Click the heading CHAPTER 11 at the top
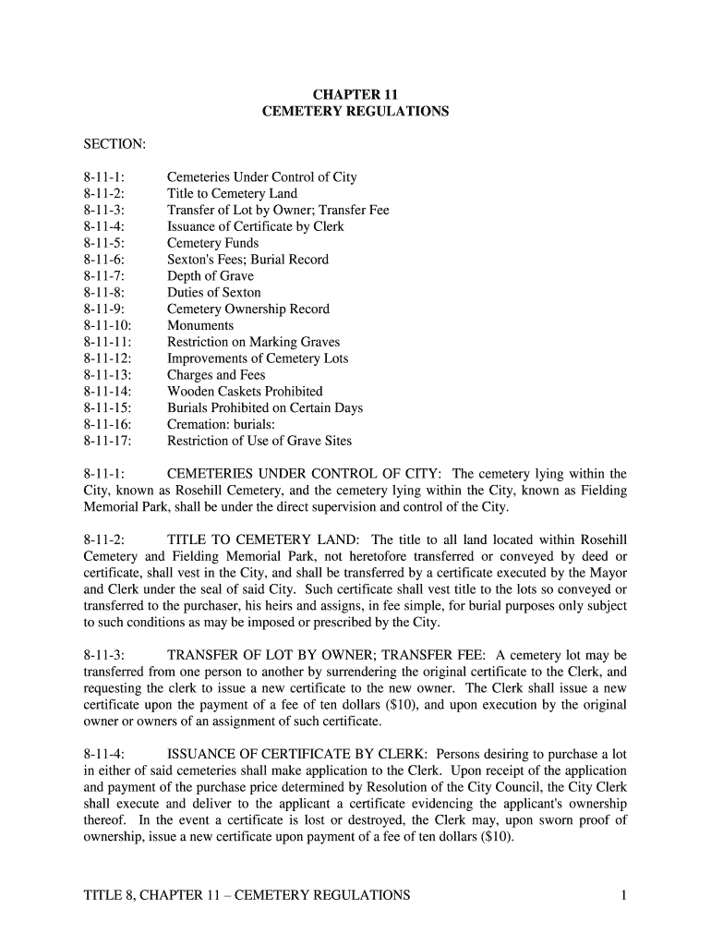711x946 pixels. (x=355, y=94)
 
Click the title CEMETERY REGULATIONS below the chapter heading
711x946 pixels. (x=355, y=111)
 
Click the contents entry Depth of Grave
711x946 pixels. (x=210, y=276)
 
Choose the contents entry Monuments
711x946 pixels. (x=200, y=325)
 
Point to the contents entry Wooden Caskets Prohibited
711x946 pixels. (x=245, y=392)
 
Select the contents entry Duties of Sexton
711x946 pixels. (x=213, y=293)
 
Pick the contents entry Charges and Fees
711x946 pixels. (x=216, y=375)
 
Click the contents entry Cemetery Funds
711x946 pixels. (x=212, y=243)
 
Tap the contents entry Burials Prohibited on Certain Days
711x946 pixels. (x=265, y=407)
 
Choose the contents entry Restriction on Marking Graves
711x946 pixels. (x=253, y=342)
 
